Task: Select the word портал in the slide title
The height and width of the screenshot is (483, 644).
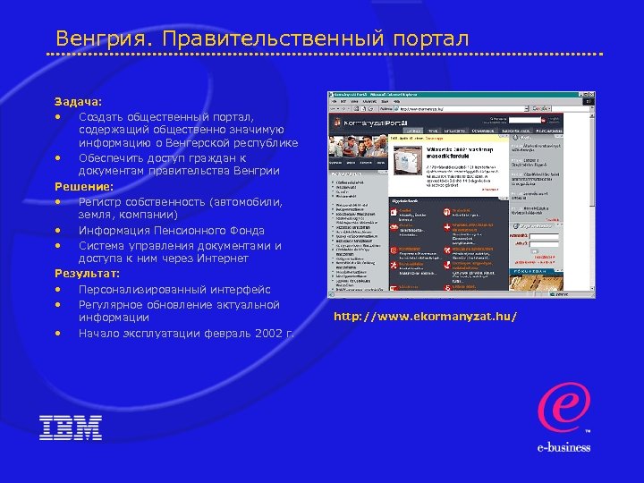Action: [426, 39]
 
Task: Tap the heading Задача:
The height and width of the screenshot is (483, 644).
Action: [78, 102]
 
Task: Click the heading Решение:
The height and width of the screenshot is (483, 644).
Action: [83, 187]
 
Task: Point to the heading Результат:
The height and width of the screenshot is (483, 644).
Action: [87, 274]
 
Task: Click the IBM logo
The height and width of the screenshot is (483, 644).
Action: [71, 428]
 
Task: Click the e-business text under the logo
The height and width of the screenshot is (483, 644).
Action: [563, 448]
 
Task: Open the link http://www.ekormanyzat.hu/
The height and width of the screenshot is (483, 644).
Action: [425, 317]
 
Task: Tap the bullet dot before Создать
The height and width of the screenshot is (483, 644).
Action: [57, 116]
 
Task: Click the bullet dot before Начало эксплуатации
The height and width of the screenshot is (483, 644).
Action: [57, 334]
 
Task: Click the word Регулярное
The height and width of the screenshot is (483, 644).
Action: [114, 304]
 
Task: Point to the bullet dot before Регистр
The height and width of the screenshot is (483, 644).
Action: [57, 202]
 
